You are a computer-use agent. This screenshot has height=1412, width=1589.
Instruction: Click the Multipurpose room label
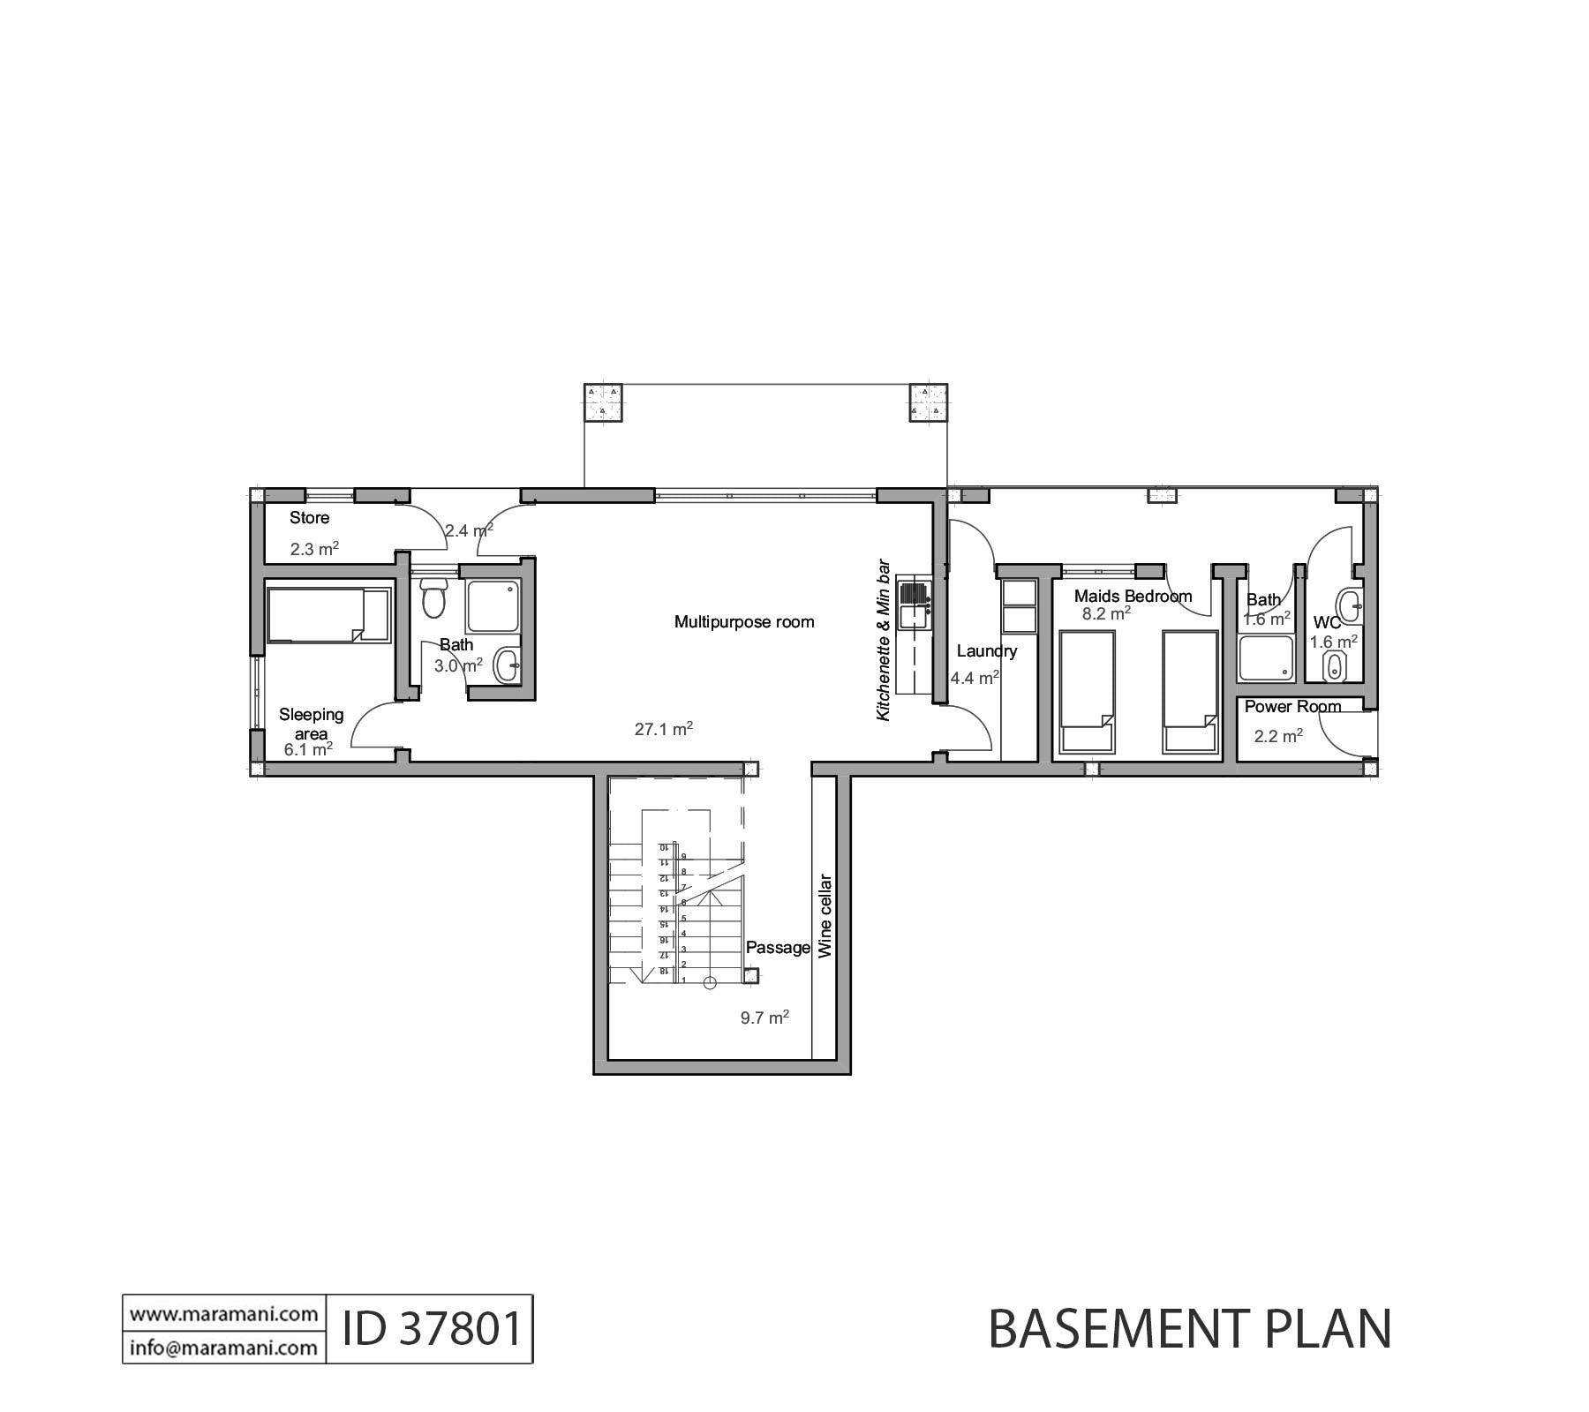click(743, 622)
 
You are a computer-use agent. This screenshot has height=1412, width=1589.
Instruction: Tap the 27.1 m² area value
click(663, 730)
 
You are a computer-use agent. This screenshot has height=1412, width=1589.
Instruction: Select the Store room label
click(309, 518)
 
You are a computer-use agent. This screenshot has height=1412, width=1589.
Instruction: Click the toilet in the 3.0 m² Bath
click(433, 598)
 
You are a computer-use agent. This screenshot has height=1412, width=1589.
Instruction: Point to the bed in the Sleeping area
click(328, 615)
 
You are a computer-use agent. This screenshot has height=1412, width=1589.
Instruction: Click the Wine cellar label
click(825, 916)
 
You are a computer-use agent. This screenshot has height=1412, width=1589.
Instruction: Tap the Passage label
click(778, 948)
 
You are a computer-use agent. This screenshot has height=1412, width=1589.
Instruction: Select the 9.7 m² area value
click(764, 1018)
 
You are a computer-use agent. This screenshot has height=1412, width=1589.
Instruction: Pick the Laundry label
click(987, 651)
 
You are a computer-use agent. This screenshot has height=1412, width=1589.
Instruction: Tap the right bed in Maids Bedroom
click(1190, 692)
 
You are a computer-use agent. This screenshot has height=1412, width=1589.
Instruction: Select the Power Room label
click(1292, 707)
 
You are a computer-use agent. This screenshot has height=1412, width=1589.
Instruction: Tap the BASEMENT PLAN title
click(1189, 1330)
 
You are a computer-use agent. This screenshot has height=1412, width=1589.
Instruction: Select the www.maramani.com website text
click(224, 1314)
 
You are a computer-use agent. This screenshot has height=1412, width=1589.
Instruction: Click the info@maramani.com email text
click(224, 1348)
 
